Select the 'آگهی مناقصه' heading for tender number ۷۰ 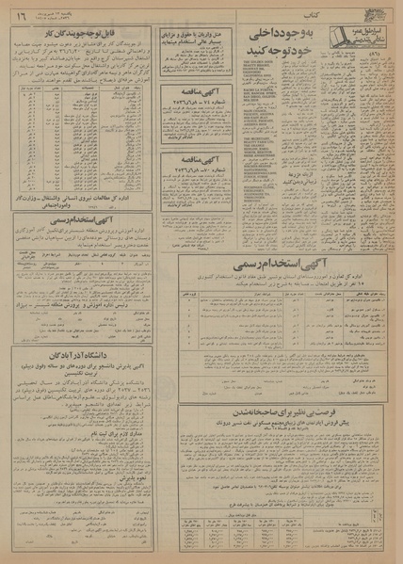pos(198,163)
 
